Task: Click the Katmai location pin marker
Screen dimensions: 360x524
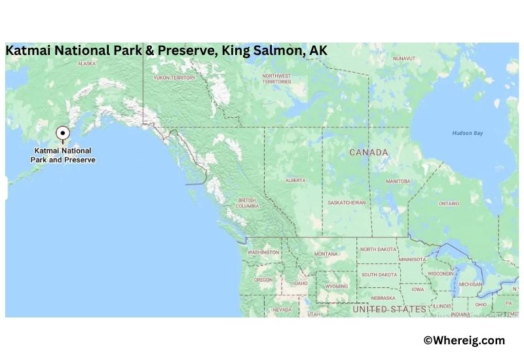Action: [x=63, y=134]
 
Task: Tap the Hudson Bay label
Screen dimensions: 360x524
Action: [x=467, y=133]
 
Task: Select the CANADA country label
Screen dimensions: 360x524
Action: [x=368, y=153]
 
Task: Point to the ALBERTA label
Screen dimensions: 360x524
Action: [x=295, y=180]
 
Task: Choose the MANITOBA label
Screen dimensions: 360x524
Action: [x=398, y=181]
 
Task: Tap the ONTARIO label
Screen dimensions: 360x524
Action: [x=449, y=204]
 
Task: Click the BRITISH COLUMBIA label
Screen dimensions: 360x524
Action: [x=247, y=204]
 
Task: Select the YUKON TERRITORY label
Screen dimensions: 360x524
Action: [x=174, y=77]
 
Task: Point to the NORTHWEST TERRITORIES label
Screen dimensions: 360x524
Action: [x=277, y=79]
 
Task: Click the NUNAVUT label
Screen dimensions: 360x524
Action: [x=404, y=58]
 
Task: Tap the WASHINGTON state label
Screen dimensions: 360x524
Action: [x=263, y=252]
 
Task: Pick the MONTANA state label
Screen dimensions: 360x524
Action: [x=326, y=254]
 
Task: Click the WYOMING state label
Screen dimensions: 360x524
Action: [x=337, y=286]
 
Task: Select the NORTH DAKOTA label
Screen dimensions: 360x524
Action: [x=378, y=249]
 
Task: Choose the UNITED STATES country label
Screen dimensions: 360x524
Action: [x=390, y=308]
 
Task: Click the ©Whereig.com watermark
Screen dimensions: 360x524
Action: [x=464, y=340]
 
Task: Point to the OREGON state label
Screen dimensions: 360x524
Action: [x=263, y=279]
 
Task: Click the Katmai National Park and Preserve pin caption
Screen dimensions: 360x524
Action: [x=63, y=155]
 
